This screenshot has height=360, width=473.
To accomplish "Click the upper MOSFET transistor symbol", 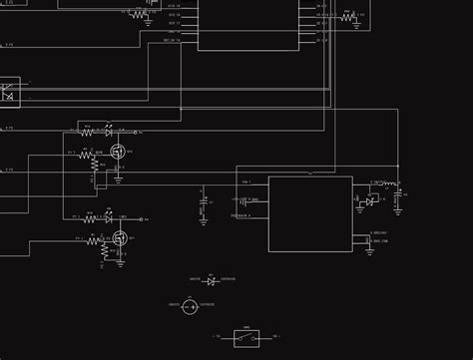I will point(118,153).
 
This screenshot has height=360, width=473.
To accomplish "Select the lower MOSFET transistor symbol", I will point(120,238).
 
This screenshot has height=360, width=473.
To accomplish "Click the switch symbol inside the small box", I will point(246,337).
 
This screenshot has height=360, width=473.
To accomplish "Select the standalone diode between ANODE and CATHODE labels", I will point(211,282).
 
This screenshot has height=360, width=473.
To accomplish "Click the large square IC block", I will point(309,213).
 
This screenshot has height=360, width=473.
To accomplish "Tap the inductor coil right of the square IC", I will point(389,183).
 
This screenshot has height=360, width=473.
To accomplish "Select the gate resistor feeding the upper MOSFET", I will point(87,154).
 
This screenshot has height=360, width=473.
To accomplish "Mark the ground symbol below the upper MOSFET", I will point(119,180).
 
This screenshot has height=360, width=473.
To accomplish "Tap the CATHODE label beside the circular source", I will point(207,303).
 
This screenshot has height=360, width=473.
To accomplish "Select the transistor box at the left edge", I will point(9,93).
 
